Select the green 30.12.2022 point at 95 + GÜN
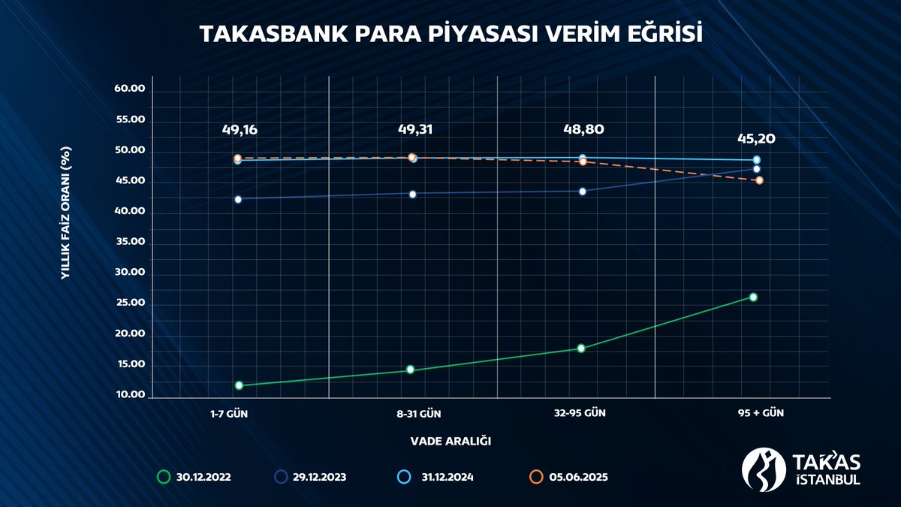tap(753, 297)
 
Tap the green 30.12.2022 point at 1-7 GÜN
tap(239, 385)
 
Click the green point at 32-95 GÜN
tap(581, 349)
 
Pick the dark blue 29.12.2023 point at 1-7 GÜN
tap(238, 200)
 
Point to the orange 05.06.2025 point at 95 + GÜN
tap(759, 181)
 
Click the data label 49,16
tap(240, 130)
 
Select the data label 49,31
tap(415, 129)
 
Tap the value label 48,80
tap(583, 129)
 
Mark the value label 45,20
tap(755, 138)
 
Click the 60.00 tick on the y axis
tap(129, 89)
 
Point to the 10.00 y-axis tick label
tap(129, 396)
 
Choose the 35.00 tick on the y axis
tap(129, 243)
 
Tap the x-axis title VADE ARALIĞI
tap(450, 441)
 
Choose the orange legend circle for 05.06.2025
tap(536, 477)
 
